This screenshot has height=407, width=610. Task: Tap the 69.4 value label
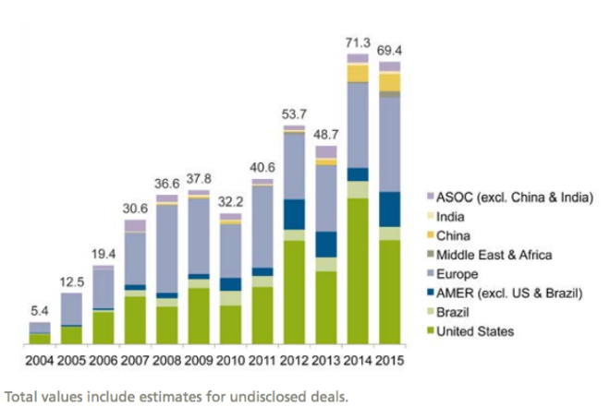pos(390,47)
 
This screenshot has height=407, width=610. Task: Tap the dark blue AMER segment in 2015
pos(390,209)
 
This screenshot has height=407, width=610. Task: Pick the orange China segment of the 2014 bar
pos(358,73)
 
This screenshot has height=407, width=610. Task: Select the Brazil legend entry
pos(453,313)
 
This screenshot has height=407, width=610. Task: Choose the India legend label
pos(450,216)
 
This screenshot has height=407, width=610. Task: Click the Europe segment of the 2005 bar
pos(71,308)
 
